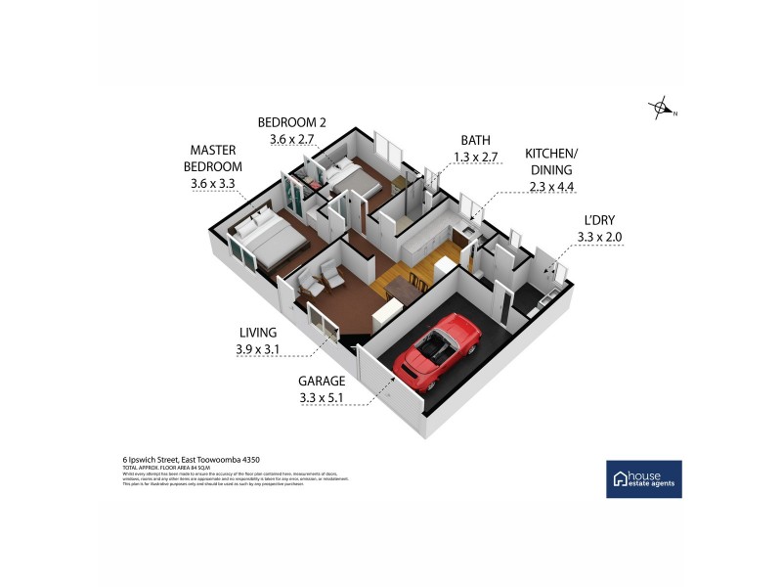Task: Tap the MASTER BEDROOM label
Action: click(215, 158)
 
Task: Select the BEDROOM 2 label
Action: click(291, 122)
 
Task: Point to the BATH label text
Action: click(476, 141)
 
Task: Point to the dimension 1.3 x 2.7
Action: click(476, 157)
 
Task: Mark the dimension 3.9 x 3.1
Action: click(257, 349)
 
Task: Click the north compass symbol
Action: click(663, 110)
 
